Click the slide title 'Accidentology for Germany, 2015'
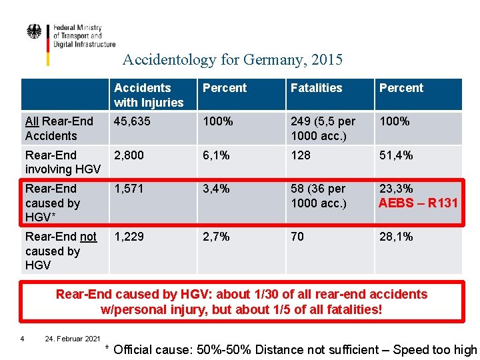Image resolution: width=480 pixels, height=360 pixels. pos(232,60)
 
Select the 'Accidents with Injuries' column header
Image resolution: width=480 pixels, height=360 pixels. pos(149,95)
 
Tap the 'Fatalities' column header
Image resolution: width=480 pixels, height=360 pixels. pos(316,88)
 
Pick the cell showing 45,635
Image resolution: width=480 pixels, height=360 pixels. pos(132,122)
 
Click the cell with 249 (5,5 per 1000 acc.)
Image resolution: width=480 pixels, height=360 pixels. pos(323,129)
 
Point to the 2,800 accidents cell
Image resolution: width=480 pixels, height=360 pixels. pos(129,155)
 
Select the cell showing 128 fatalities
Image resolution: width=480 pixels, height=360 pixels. pos(301,155)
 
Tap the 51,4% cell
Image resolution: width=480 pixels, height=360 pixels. pos(396,155)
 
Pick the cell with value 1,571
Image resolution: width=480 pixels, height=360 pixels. pos(128,189)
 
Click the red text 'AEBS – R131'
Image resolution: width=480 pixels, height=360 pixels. pos(418,203)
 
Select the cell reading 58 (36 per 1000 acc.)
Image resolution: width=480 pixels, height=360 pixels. pos(319,196)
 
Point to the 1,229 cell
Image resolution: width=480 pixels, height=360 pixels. pos(129,237)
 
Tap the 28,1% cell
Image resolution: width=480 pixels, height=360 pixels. pos(396,237)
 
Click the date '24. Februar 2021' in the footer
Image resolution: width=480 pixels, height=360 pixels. pos(72,339)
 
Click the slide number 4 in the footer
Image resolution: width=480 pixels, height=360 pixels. pos(23,339)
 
